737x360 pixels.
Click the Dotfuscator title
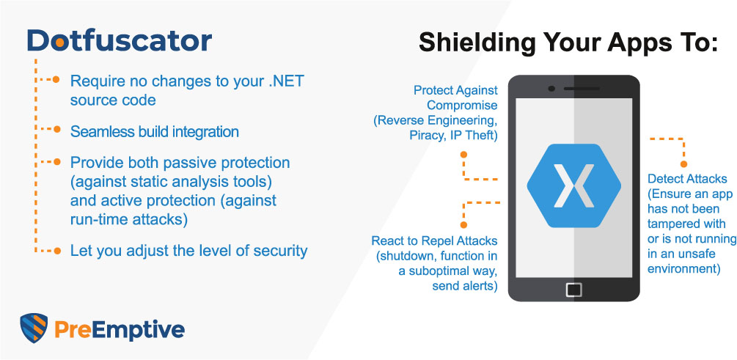tap(120, 41)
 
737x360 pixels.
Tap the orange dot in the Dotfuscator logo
tap(59, 43)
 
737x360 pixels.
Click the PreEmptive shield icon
tap(34, 328)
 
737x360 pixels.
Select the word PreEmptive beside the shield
tap(120, 329)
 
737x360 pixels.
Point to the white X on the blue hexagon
tap(574, 185)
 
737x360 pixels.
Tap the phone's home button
tap(574, 290)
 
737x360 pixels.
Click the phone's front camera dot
tap(551, 89)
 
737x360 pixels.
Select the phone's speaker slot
tap(582, 89)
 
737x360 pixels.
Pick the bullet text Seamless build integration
tap(155, 131)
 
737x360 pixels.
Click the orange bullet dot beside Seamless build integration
tap(57, 129)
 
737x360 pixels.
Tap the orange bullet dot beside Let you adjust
tap(57, 251)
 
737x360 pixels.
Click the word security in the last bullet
tap(280, 251)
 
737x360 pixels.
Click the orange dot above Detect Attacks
tap(683, 164)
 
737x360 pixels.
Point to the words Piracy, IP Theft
tap(453, 135)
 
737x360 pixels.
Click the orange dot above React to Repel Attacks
tap(463, 224)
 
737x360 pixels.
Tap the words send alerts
tap(465, 286)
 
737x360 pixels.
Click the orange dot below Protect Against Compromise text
tap(463, 154)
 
